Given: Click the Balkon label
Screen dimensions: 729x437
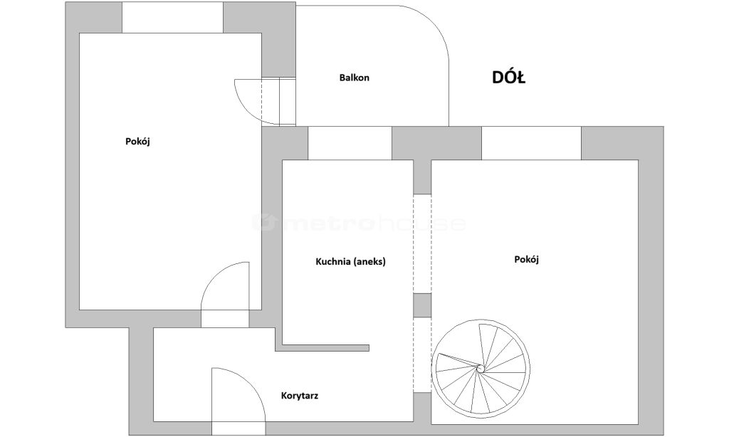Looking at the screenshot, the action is pyautogui.click(x=355, y=78).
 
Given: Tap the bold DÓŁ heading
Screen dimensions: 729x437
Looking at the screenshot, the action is pyautogui.click(x=508, y=77).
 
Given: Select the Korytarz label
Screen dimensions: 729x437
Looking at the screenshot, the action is pyautogui.click(x=300, y=396).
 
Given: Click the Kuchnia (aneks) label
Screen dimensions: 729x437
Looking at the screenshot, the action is pyautogui.click(x=350, y=262).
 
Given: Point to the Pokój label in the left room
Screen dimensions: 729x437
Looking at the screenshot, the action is pyautogui.click(x=137, y=142).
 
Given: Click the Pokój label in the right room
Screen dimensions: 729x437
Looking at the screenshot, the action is pyautogui.click(x=526, y=259).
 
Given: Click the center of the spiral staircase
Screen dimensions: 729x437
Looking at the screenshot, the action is pyautogui.click(x=481, y=368).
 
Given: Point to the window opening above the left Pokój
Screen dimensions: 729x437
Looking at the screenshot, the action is pyautogui.click(x=172, y=17).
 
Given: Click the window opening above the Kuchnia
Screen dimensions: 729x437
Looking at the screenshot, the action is pyautogui.click(x=350, y=143).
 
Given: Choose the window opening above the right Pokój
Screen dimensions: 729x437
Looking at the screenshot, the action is pyautogui.click(x=531, y=143).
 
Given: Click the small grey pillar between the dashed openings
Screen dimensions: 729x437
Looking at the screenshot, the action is pyautogui.click(x=422, y=305).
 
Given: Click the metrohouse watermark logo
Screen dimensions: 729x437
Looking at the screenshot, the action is pyautogui.click(x=359, y=223).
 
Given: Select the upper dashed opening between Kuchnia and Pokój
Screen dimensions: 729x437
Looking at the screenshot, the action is pyautogui.click(x=422, y=244).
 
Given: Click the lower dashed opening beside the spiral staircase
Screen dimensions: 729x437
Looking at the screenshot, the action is pyautogui.click(x=422, y=354).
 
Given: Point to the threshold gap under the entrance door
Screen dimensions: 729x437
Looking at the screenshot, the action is pyautogui.click(x=238, y=428).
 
